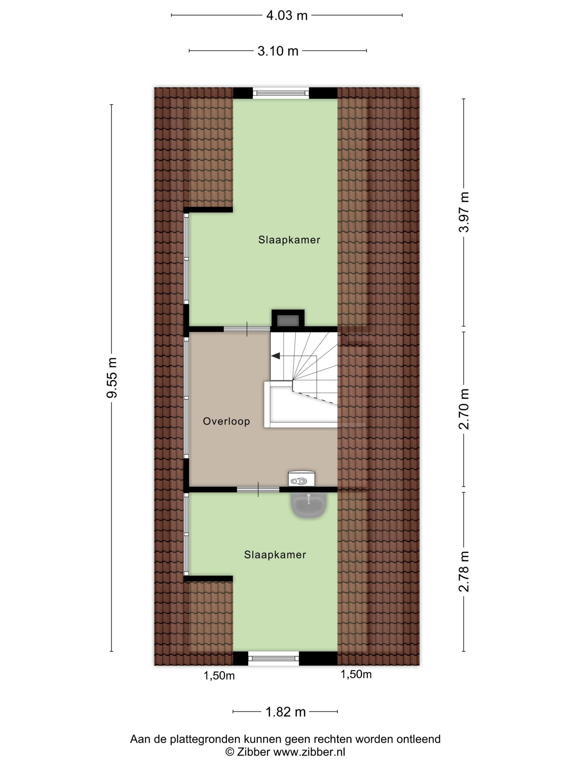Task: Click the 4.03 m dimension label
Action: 287,16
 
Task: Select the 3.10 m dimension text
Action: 278,51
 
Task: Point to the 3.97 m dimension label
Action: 464,212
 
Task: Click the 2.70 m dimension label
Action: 464,409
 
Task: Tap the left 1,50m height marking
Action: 219,676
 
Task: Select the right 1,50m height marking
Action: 356,674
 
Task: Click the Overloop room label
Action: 226,422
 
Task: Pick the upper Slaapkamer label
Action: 289,240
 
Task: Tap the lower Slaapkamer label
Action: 275,555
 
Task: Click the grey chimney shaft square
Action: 288,320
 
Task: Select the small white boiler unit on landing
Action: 301,478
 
